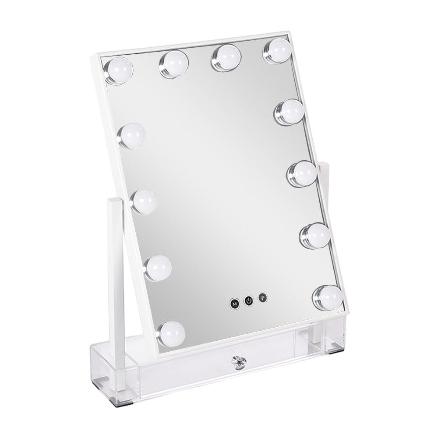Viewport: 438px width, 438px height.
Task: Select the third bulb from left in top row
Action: click(226, 57)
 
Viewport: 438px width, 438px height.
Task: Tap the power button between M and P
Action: click(248, 300)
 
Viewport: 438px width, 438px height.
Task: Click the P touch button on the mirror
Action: click(262, 298)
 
